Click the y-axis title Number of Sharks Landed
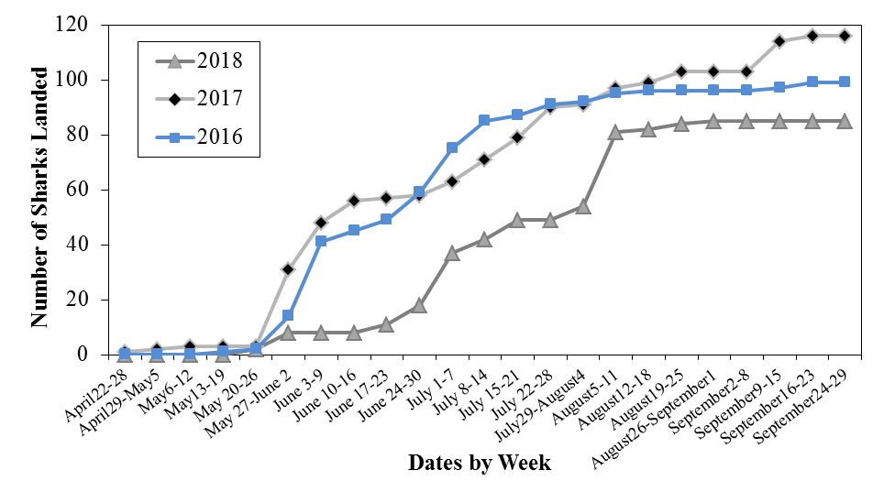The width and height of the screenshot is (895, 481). (x=39, y=190)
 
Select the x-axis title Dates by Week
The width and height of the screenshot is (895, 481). (x=480, y=462)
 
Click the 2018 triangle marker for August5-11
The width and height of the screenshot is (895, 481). (x=615, y=132)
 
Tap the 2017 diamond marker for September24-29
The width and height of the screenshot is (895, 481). (x=845, y=36)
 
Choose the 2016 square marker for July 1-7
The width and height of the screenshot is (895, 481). (x=452, y=148)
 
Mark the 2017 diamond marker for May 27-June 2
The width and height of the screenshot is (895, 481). (x=288, y=269)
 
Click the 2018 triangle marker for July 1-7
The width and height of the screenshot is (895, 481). (x=452, y=253)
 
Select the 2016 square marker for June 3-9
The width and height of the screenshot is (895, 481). (x=321, y=241)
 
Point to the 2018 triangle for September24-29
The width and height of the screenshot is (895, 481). (x=845, y=121)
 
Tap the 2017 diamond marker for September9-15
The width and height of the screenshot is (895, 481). (x=779, y=41)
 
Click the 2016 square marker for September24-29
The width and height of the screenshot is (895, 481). (x=845, y=82)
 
